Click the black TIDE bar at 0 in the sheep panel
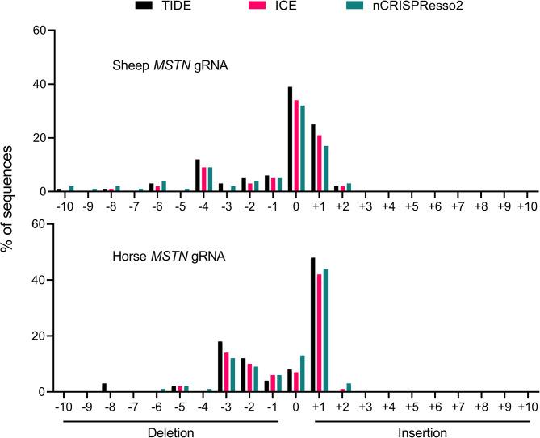coord(290,139)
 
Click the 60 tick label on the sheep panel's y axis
coord(37,31)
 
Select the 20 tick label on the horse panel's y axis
coord(37,336)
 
